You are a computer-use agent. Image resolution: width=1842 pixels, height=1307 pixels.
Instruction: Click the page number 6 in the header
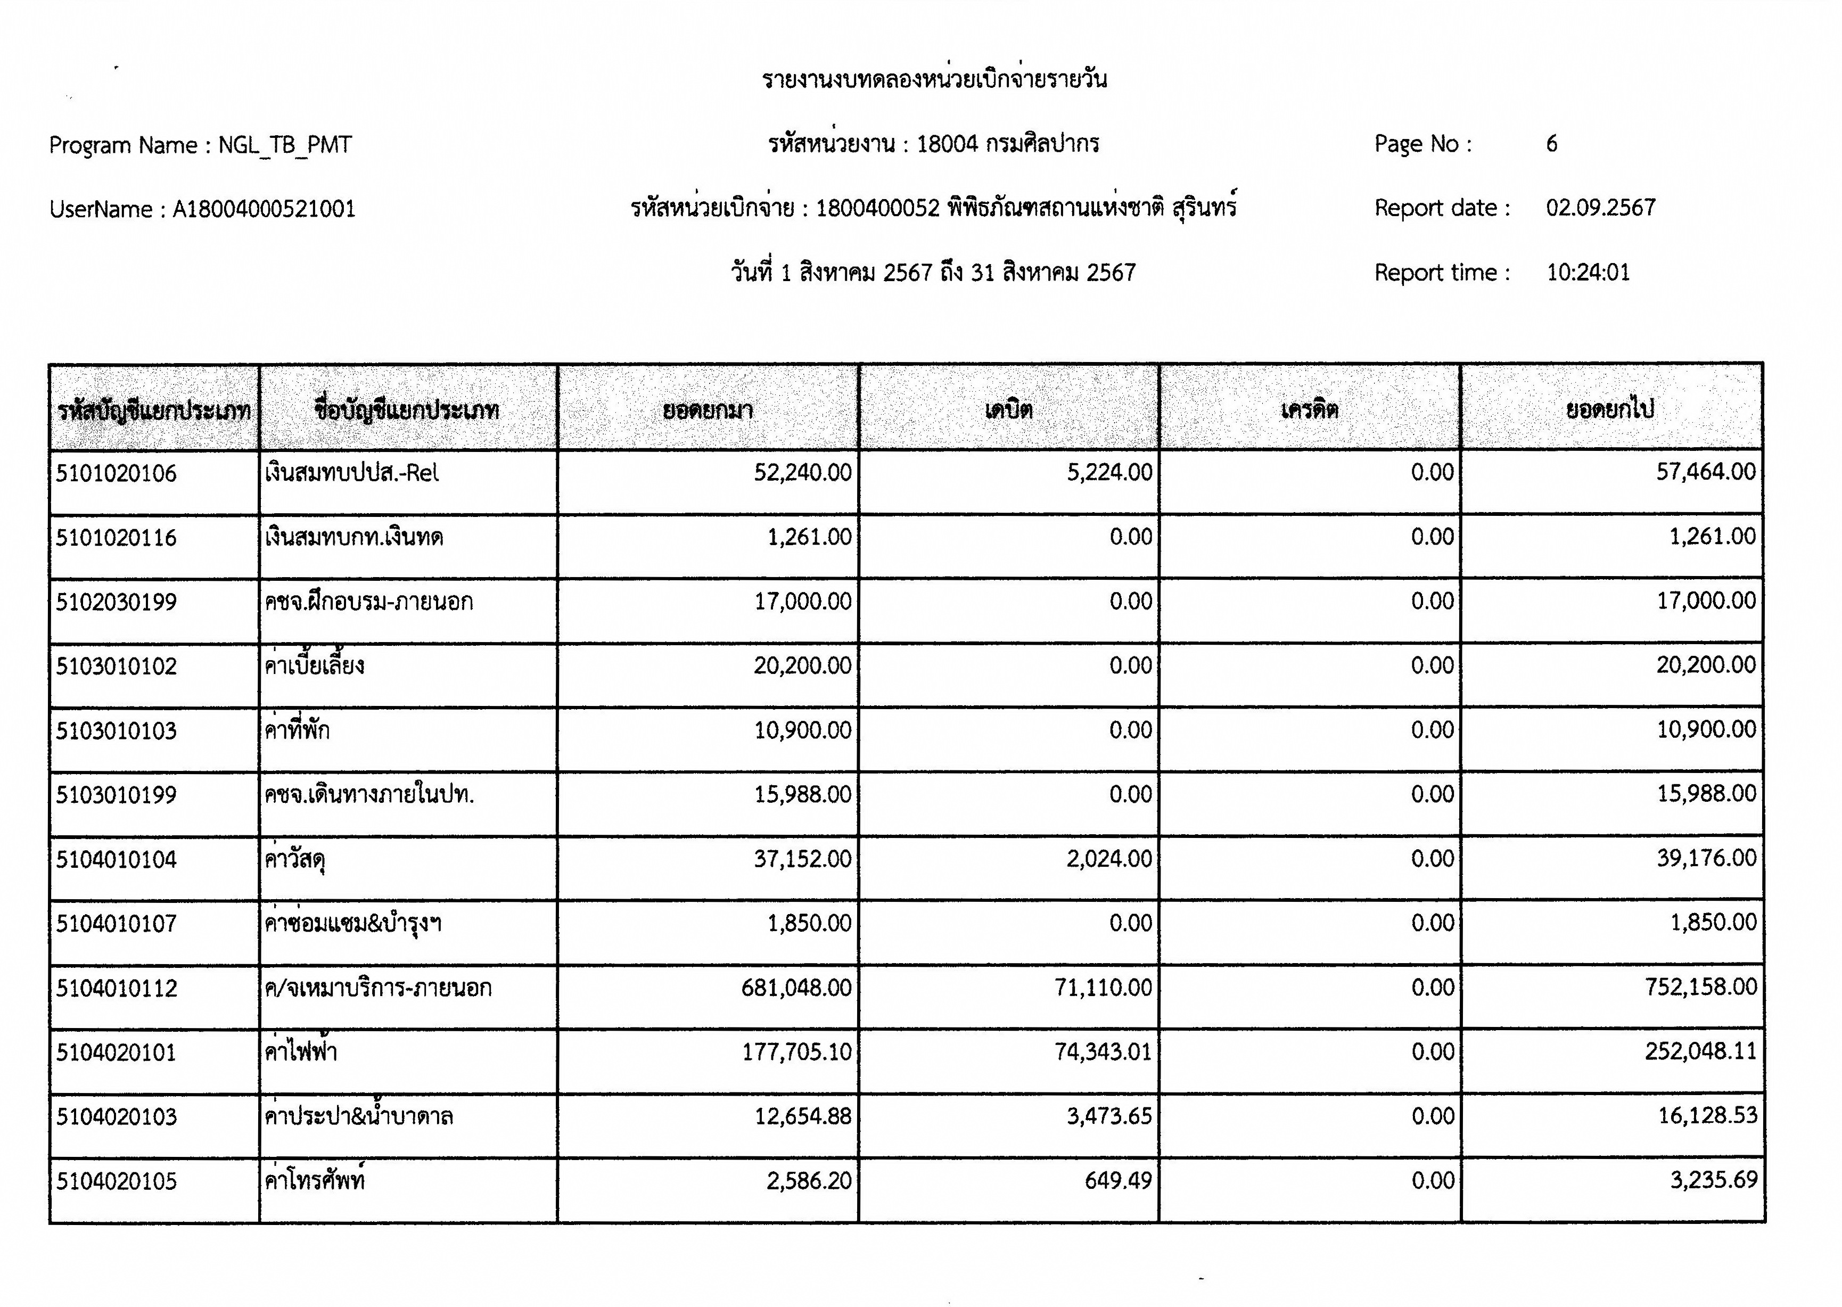pyautogui.click(x=1551, y=144)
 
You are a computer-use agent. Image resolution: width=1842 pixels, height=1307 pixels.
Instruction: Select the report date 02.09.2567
pyautogui.click(x=1600, y=208)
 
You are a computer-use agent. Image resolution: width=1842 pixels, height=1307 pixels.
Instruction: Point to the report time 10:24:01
pyautogui.click(x=1588, y=272)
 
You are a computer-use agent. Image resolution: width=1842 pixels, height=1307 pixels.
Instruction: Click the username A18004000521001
pyautogui.click(x=264, y=209)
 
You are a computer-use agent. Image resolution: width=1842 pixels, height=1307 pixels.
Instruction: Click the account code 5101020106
pyautogui.click(x=116, y=473)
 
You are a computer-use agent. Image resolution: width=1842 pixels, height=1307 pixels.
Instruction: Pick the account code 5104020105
pyautogui.click(x=116, y=1181)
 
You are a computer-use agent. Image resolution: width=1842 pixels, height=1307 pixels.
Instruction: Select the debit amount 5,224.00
pyautogui.click(x=1109, y=472)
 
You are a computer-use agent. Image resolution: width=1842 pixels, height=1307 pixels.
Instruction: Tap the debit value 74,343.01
pyautogui.click(x=1103, y=1052)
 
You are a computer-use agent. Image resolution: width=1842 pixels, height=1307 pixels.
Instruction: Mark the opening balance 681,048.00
pyautogui.click(x=796, y=988)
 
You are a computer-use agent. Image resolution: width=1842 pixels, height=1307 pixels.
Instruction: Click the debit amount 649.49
pyautogui.click(x=1118, y=1181)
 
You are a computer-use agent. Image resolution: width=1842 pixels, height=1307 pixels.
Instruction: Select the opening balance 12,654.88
pyautogui.click(x=802, y=1116)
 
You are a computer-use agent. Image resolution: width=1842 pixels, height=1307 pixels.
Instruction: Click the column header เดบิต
pyautogui.click(x=1008, y=410)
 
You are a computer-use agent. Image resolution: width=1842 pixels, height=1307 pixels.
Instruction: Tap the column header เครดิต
pyautogui.click(x=1309, y=410)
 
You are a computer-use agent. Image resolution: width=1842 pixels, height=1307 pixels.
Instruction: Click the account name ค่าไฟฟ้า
pyautogui.click(x=301, y=1052)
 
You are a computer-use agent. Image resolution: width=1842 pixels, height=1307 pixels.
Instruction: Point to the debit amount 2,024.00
pyautogui.click(x=1109, y=859)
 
